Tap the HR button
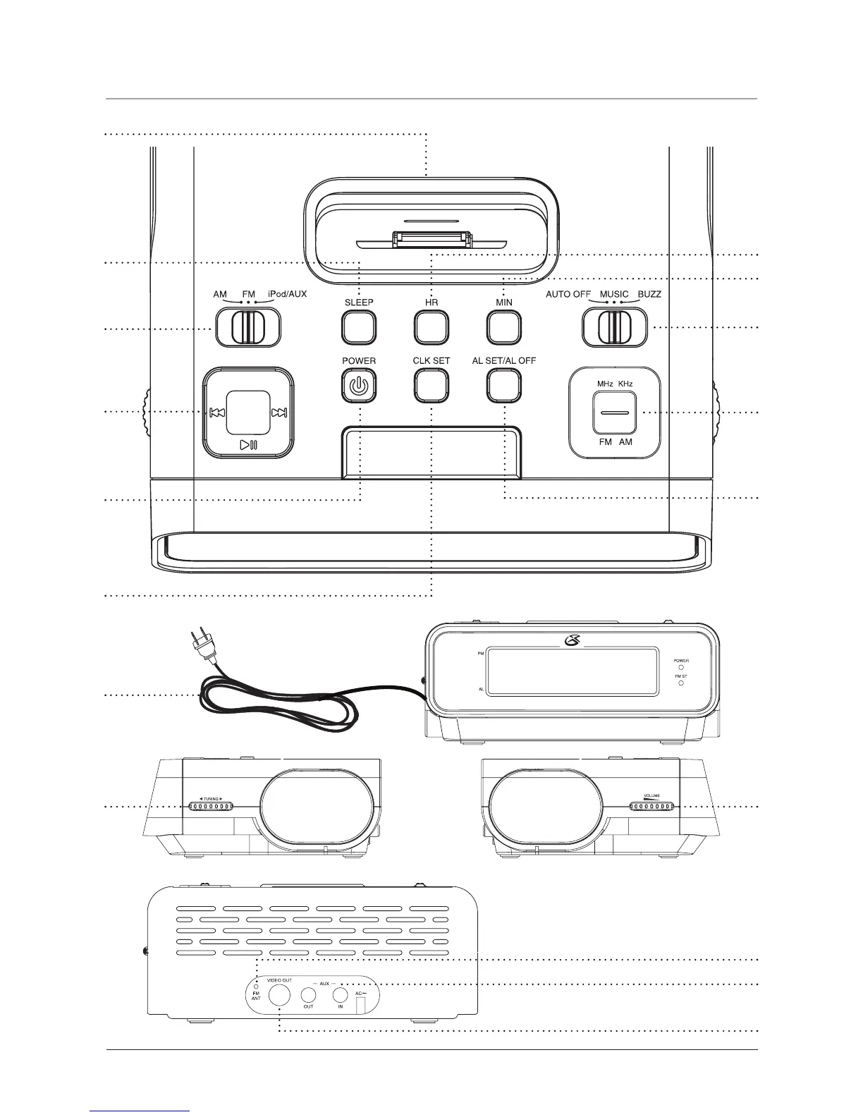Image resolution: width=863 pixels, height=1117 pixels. coord(432,327)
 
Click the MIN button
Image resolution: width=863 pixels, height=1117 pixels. coord(503,327)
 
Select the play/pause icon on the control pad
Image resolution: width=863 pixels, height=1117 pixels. coord(248,444)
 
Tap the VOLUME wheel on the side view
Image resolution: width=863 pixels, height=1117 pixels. coord(651,807)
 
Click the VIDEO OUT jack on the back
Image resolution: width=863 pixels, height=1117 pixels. coord(280,994)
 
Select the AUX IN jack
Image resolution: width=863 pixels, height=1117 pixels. coord(341,994)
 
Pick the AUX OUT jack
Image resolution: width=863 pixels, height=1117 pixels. coord(309,994)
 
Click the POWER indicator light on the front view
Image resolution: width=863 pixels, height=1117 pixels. coord(681,667)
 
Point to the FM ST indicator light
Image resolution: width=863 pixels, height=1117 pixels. coord(681,683)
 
